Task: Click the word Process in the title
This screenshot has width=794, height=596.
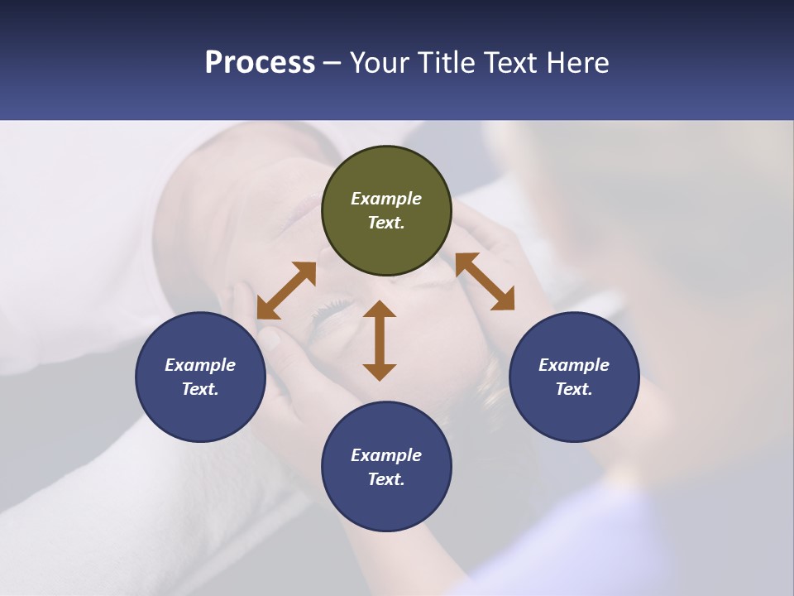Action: [260, 63]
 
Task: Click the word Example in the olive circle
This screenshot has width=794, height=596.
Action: [386, 199]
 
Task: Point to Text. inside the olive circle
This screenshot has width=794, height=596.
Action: [386, 223]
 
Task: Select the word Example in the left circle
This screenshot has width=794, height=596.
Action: [200, 365]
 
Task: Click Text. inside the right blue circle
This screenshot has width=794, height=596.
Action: [574, 389]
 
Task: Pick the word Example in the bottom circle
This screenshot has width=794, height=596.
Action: [386, 455]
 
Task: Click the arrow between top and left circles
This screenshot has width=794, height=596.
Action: [286, 291]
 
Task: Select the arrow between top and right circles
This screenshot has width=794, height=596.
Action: [485, 281]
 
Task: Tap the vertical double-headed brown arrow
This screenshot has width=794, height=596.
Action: [380, 340]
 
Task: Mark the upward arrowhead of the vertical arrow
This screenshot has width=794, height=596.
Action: [380, 310]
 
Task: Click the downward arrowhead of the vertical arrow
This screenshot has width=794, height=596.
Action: [380, 372]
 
